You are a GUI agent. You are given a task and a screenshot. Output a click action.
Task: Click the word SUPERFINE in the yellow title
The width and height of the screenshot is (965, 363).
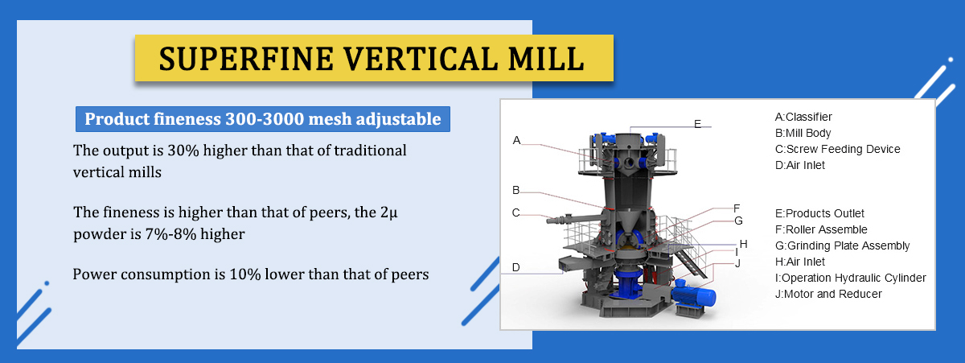click(246, 59)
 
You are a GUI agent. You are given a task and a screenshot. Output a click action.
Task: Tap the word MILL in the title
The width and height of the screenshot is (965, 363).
click(546, 59)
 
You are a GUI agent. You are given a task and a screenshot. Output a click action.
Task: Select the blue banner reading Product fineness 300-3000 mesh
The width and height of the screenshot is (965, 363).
click(263, 119)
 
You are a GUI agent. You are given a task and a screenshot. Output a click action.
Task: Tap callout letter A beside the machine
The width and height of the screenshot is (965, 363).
click(516, 140)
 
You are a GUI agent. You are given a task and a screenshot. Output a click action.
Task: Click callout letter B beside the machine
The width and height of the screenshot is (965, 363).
click(516, 190)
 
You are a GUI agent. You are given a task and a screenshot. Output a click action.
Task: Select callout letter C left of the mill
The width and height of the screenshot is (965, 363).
click(516, 212)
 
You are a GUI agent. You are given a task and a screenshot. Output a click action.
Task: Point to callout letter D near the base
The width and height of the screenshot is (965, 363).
click(516, 267)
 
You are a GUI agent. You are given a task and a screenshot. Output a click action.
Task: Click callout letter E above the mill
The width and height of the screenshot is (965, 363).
click(697, 124)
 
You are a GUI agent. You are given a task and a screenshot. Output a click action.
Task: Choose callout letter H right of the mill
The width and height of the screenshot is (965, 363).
click(743, 244)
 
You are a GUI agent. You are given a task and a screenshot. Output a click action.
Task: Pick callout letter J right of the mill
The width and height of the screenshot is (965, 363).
click(738, 263)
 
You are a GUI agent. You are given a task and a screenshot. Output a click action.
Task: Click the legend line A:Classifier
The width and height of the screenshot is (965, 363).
click(803, 117)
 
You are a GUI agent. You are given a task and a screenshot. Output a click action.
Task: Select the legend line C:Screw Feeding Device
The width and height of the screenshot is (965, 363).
click(837, 149)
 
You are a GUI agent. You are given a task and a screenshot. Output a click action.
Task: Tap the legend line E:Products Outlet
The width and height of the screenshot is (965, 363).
click(819, 213)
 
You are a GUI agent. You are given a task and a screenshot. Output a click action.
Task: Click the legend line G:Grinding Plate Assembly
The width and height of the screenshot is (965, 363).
click(842, 245)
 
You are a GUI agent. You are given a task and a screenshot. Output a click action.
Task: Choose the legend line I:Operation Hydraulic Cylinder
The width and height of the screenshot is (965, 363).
click(851, 278)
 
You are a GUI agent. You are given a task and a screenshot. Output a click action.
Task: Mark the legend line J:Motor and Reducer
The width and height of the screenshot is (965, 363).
click(828, 294)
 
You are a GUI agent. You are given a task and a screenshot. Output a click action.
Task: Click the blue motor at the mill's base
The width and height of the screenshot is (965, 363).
click(692, 295)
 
